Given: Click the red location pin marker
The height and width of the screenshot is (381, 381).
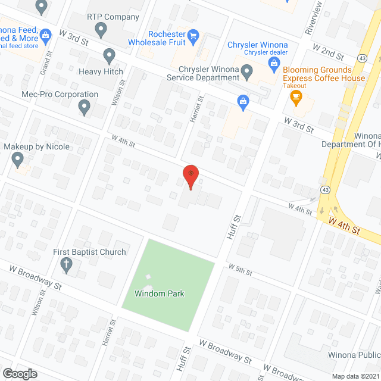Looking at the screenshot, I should tap(190, 177).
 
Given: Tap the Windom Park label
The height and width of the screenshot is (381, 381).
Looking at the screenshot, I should tap(159, 293).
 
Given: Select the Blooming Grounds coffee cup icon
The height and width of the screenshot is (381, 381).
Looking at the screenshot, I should tap(296, 98).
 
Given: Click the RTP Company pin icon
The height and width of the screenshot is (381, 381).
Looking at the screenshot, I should tap(101, 29).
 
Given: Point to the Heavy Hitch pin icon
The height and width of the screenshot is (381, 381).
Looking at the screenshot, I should tap(109, 56).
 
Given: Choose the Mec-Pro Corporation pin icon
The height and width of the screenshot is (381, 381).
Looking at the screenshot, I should tap(84, 108).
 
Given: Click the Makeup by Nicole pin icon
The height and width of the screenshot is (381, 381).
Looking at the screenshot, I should tap(17, 159).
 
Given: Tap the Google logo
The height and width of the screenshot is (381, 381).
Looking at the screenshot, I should tap(20, 373).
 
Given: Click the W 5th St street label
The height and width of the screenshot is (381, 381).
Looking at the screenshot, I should tap(241, 270).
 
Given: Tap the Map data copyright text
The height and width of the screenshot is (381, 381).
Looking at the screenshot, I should tap(355, 376).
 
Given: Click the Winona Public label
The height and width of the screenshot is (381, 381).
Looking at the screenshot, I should tap(354, 355).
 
